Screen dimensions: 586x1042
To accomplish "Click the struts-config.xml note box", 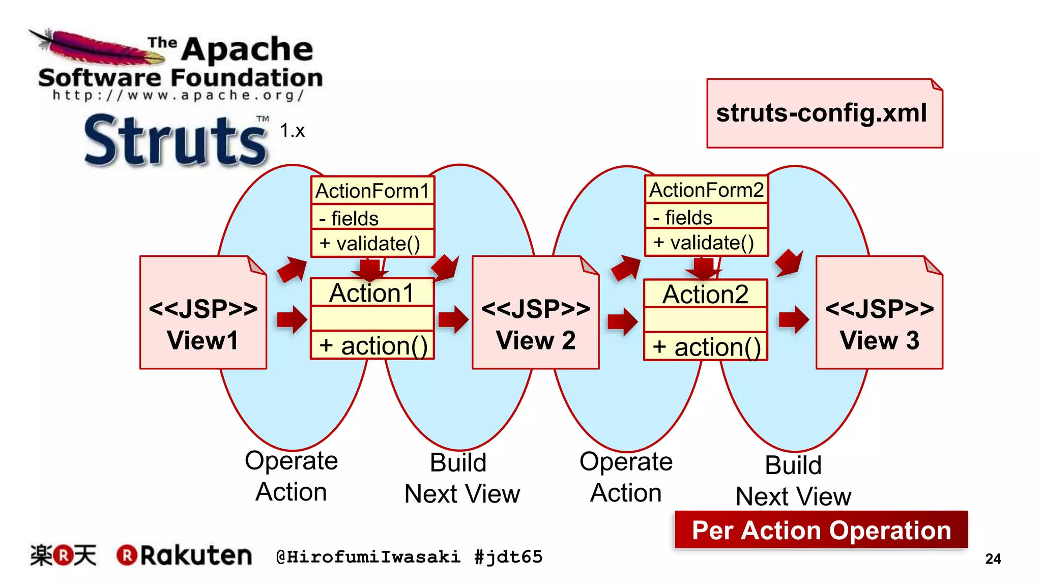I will (824, 113).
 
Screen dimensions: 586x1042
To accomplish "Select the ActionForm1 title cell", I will (372, 191).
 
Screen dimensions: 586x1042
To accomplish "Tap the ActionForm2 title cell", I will (706, 190).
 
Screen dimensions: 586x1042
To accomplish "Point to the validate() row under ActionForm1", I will (372, 244).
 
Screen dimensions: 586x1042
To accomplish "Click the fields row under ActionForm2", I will (706, 217).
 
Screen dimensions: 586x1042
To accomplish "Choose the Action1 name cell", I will (372, 293).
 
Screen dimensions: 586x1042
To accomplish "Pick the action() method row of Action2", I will (706, 347).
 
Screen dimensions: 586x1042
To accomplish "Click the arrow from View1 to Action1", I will (292, 319).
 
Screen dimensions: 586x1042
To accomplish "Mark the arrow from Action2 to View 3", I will (793, 319).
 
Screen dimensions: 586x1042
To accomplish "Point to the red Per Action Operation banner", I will (821, 530).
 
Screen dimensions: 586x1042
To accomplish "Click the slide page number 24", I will (993, 559).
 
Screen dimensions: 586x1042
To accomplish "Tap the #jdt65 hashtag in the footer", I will (508, 557).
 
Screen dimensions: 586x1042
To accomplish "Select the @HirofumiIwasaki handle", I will (368, 557).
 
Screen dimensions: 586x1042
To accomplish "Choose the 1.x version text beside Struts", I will (292, 131).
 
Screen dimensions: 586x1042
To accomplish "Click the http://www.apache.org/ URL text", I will (178, 95).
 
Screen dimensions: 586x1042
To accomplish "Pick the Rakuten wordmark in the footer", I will (196, 555).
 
